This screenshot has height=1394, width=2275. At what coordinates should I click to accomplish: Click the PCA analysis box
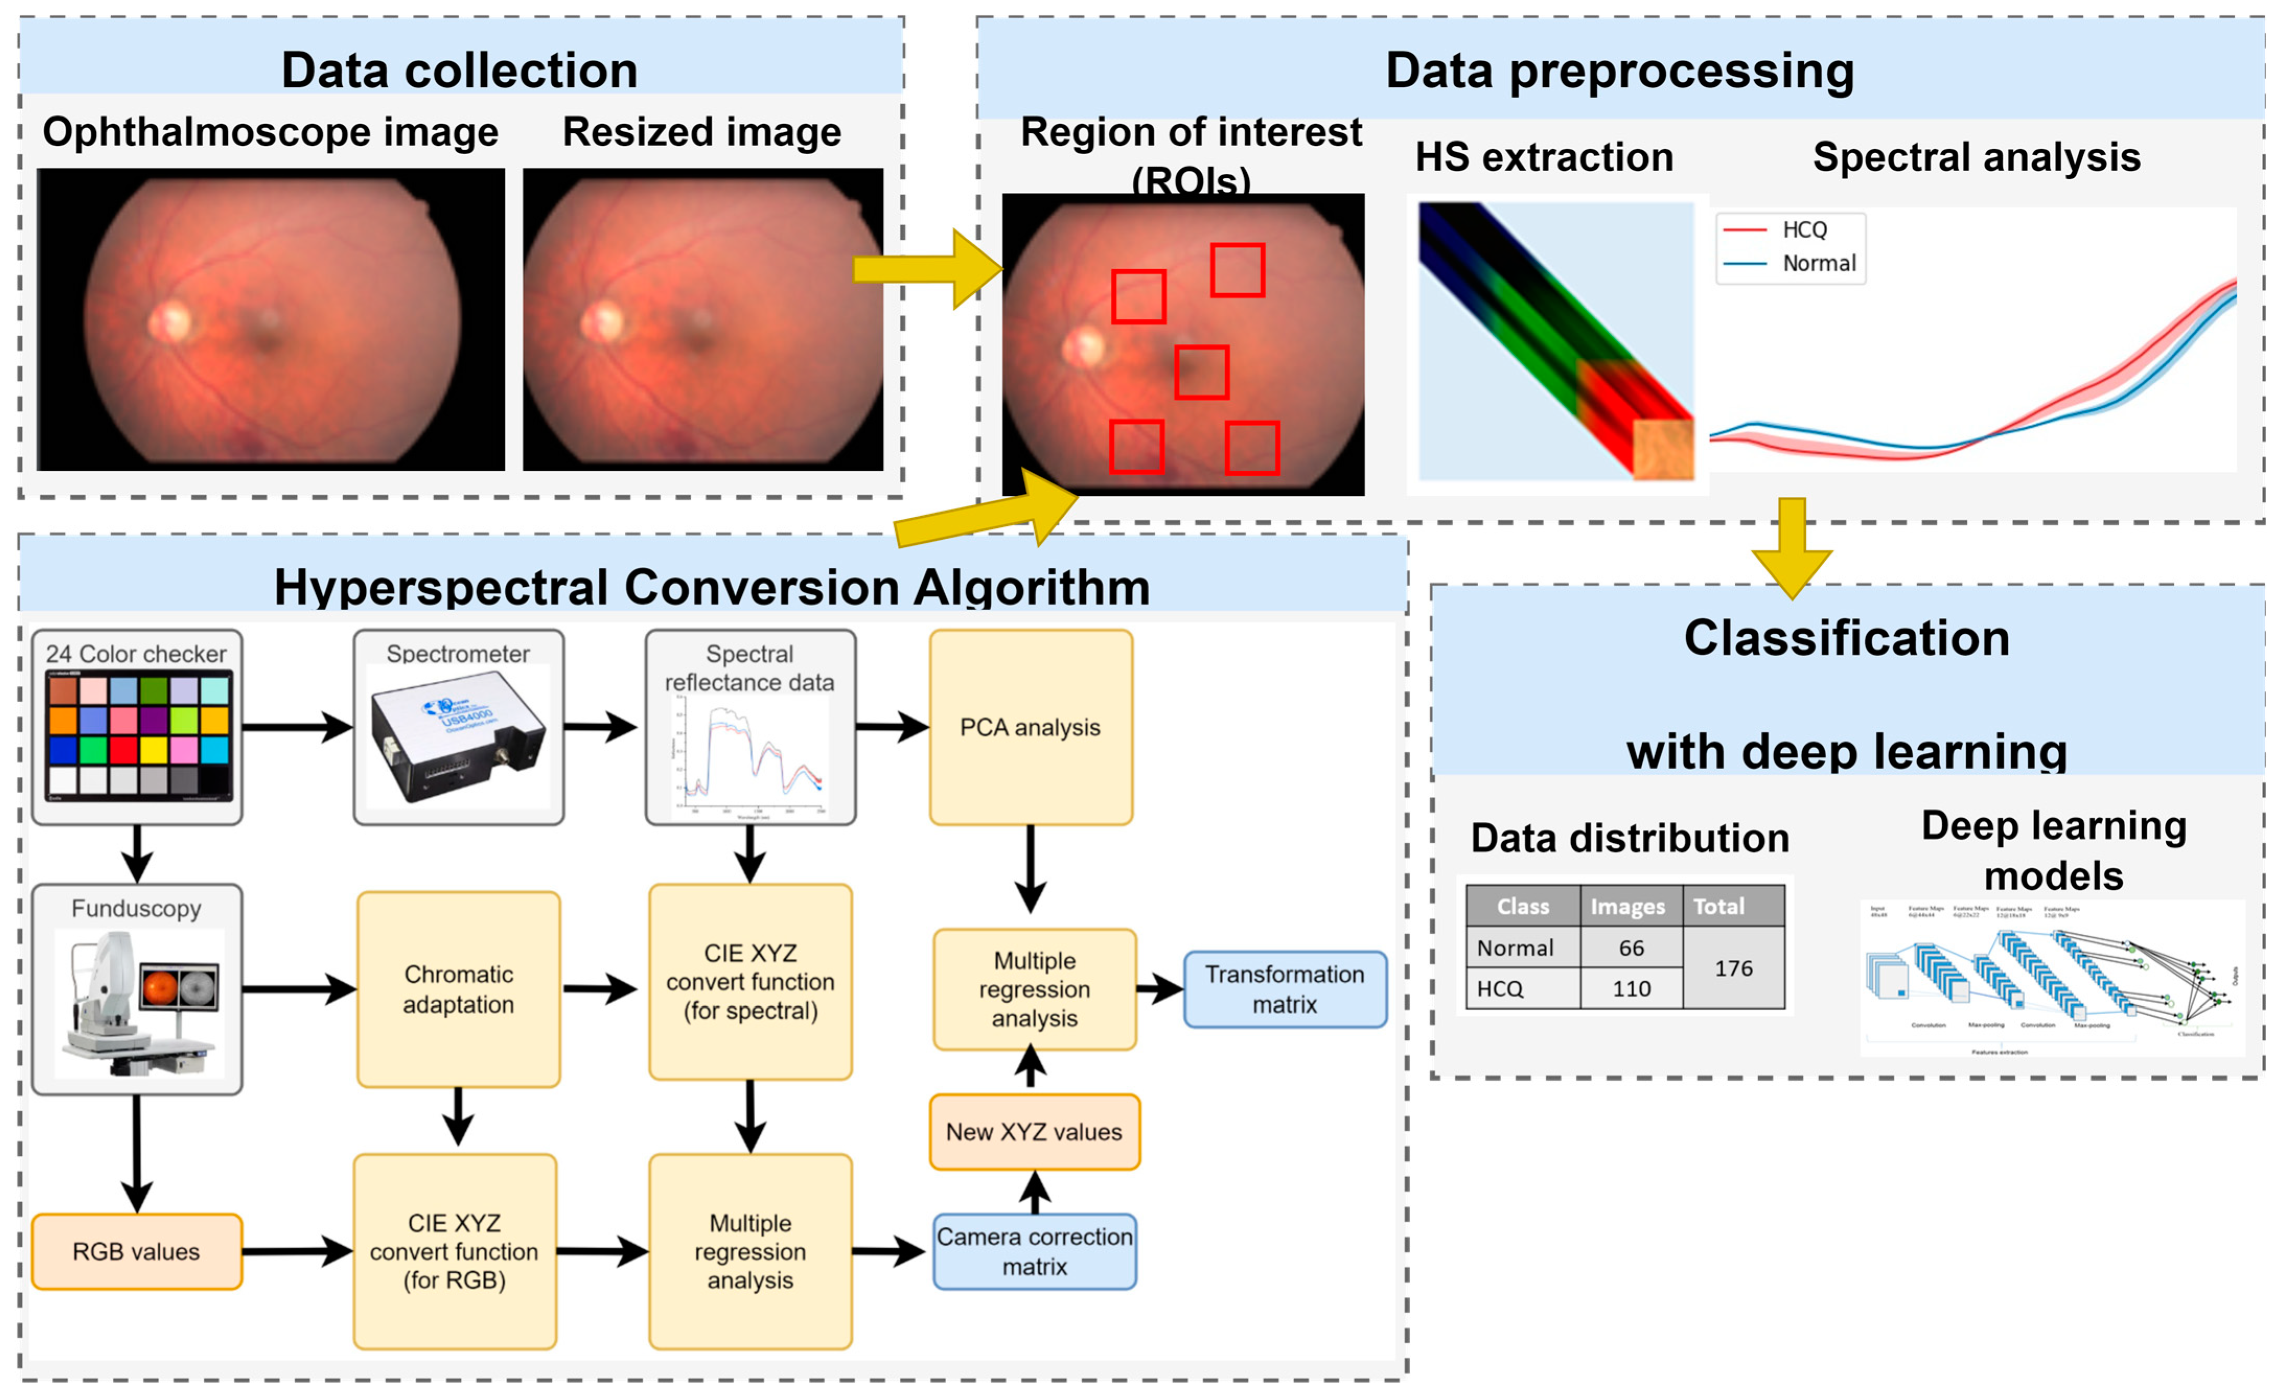pos(1030,727)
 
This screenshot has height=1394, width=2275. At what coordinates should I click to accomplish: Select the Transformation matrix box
pos(1284,989)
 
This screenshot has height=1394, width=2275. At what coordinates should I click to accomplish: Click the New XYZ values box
pos(1034,1132)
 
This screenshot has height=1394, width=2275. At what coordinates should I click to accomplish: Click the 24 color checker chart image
pos(138,735)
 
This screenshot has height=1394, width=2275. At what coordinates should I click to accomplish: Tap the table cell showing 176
pos(1733,968)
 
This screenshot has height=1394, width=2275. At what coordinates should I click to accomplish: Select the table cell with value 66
pos(1631,948)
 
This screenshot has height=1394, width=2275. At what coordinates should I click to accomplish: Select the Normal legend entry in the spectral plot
pos(1817,264)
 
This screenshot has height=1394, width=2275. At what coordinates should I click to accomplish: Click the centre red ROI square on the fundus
pos(1201,372)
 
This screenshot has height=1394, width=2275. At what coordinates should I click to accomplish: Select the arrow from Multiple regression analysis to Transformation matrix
pos(1159,989)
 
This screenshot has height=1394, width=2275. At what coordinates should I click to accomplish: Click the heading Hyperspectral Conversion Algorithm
pos(712,587)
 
